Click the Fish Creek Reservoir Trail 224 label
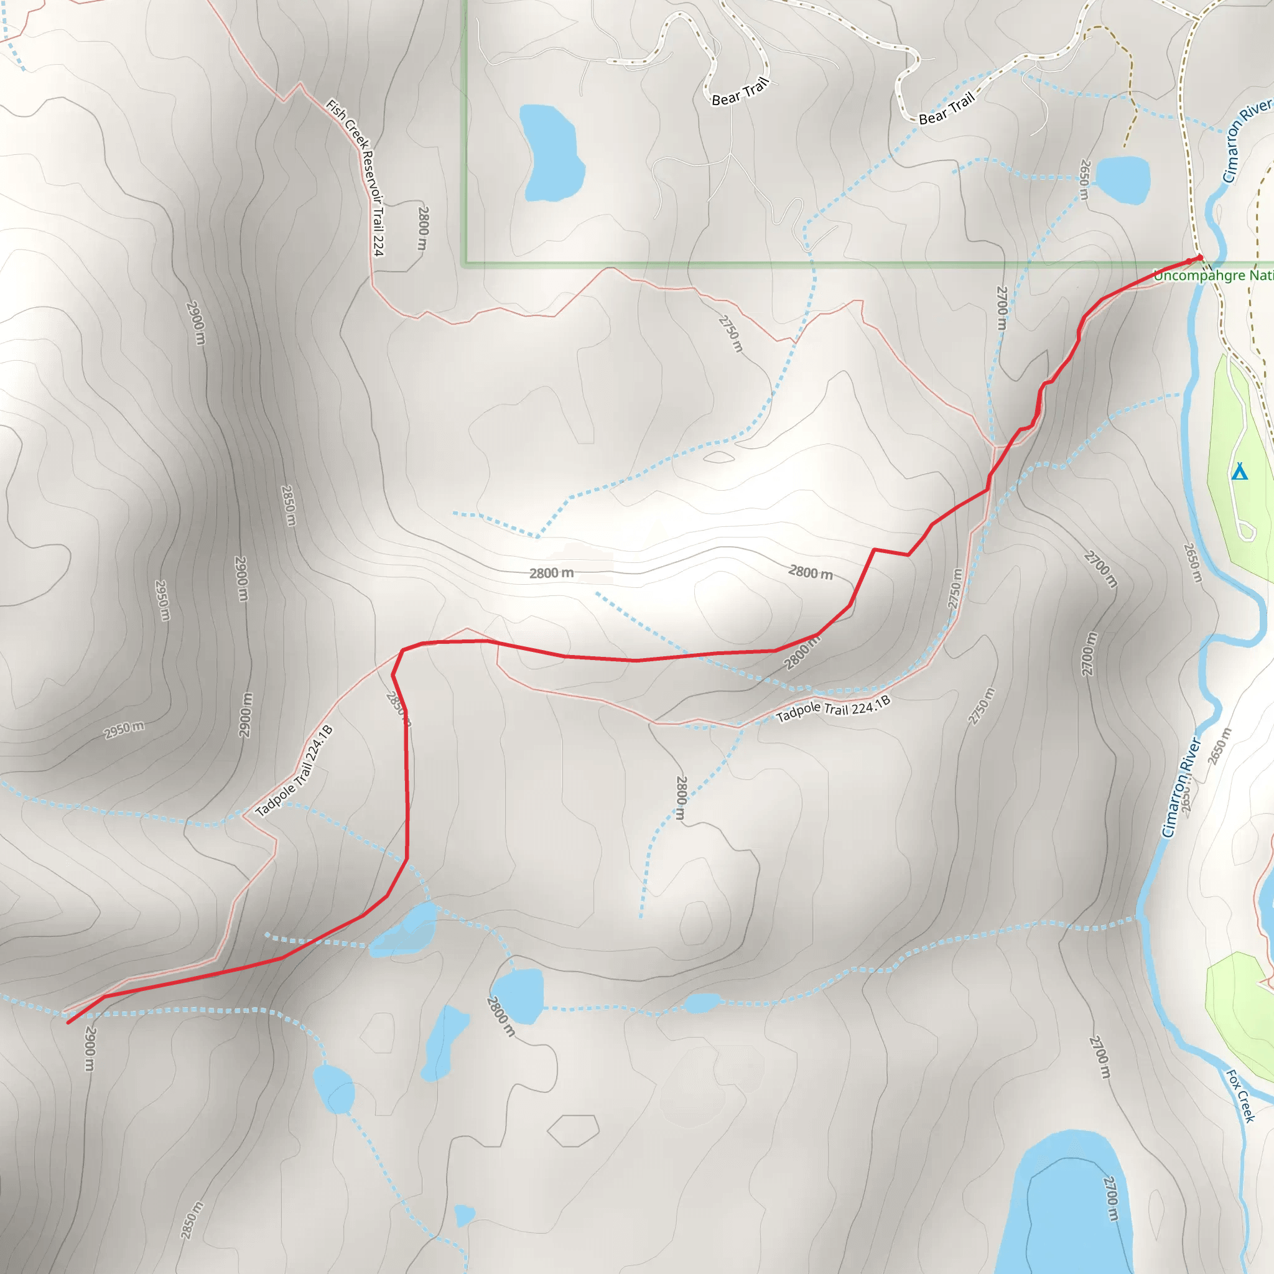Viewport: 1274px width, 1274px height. tap(356, 177)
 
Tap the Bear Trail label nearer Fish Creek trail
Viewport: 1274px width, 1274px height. tap(740, 91)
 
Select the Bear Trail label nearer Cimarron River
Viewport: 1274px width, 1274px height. tap(947, 109)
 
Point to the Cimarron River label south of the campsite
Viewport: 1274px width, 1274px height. tap(1182, 787)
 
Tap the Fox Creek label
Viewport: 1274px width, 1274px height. tap(1240, 1095)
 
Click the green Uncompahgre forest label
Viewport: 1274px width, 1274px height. tap(1213, 276)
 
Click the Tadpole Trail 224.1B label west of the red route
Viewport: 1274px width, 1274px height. tap(294, 770)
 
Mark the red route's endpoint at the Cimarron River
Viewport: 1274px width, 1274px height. tap(1199, 257)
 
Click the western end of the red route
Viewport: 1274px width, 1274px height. tap(68, 1023)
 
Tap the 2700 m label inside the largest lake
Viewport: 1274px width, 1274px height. tap(1111, 1197)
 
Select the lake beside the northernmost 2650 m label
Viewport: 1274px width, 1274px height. tap(1125, 179)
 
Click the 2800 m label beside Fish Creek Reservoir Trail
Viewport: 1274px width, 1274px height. tap(424, 228)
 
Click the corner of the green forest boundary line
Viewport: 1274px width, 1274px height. tap(465, 264)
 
